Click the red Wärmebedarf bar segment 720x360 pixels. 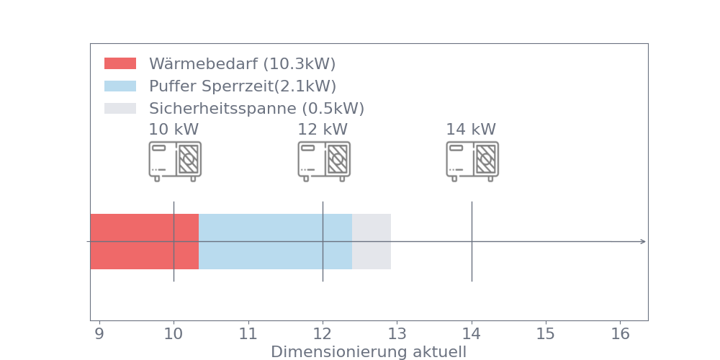(144, 241)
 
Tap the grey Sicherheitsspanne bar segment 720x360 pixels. (372, 241)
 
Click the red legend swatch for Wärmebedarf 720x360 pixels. (120, 63)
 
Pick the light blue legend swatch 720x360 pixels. (120, 86)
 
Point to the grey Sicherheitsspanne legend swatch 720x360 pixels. (120, 108)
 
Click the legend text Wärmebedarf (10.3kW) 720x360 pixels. (242, 63)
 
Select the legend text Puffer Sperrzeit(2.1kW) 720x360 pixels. (242, 86)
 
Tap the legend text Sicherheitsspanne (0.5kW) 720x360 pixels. (256, 109)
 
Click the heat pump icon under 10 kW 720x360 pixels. (174, 161)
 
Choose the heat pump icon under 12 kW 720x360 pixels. (323, 161)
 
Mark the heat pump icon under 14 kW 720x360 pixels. (472, 161)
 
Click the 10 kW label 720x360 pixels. (174, 130)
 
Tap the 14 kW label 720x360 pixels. (471, 130)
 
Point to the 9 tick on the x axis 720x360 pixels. (99, 334)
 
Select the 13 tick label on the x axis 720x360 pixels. (397, 334)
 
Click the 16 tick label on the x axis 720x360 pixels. (620, 334)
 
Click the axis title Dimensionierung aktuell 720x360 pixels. (369, 352)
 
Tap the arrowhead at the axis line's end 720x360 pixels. (643, 241)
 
